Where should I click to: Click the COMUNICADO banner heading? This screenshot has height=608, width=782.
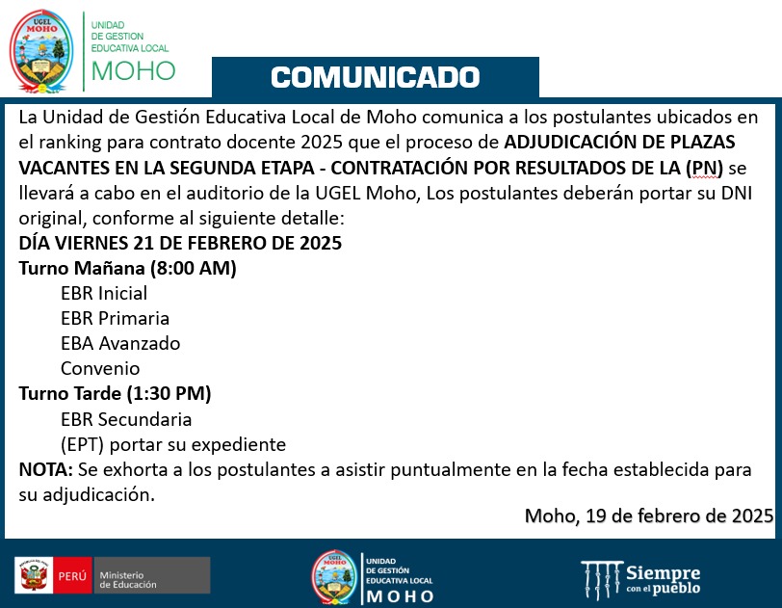(x=376, y=77)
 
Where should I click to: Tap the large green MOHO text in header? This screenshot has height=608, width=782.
(x=133, y=70)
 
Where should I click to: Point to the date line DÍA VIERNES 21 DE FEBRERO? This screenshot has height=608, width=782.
(x=180, y=243)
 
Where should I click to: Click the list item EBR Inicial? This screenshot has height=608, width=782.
(x=104, y=293)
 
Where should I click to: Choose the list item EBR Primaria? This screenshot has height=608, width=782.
(x=115, y=318)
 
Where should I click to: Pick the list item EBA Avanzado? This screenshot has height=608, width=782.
(x=120, y=343)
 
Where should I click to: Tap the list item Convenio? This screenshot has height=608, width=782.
(x=100, y=368)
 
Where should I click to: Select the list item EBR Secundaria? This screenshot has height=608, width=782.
(x=126, y=419)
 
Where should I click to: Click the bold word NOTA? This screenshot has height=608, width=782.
(x=45, y=469)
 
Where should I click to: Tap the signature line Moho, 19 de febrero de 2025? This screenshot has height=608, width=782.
(x=648, y=515)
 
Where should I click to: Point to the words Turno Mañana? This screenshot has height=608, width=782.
(x=79, y=268)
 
